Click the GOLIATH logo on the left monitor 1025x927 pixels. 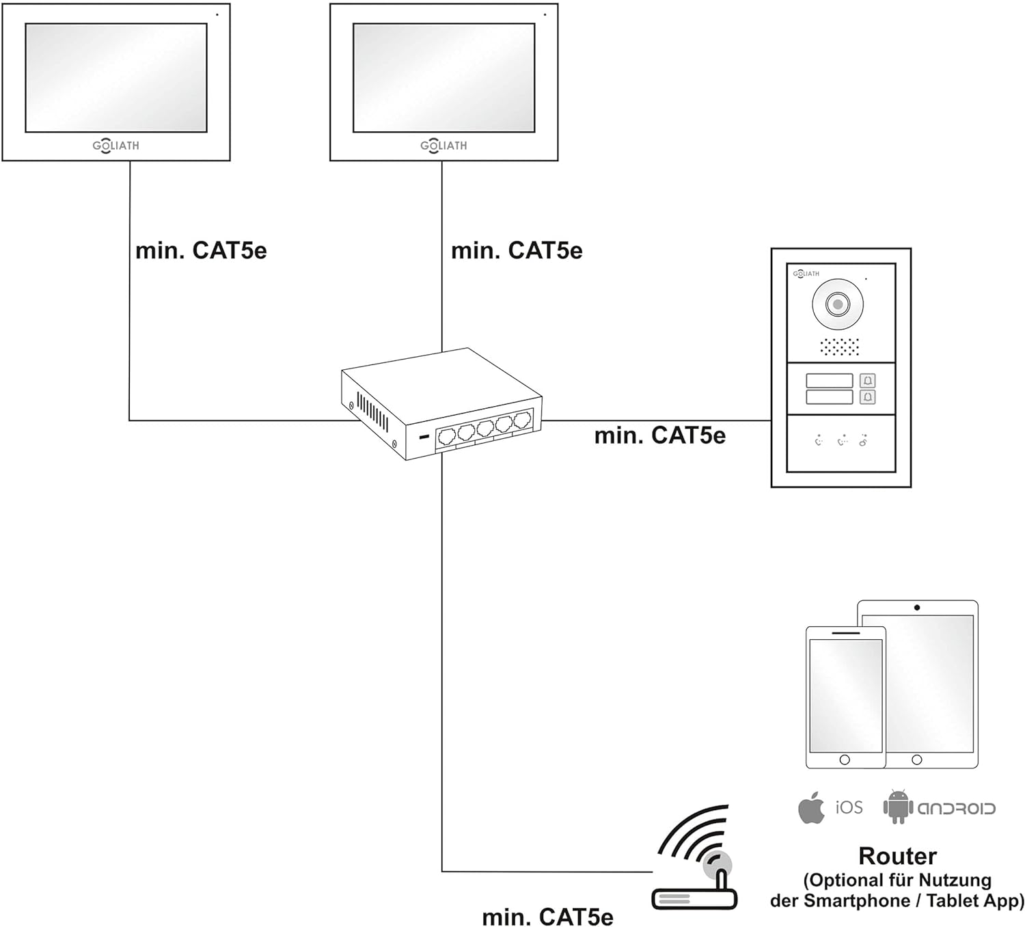(x=115, y=146)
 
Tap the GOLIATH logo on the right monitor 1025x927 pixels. (x=443, y=146)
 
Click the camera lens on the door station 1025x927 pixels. (x=837, y=304)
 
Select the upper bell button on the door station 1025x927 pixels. (x=867, y=381)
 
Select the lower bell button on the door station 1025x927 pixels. (x=867, y=397)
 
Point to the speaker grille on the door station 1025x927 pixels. (x=839, y=347)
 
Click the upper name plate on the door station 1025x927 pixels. (x=829, y=381)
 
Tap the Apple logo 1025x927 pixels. (x=811, y=809)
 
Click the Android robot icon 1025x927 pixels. (x=898, y=807)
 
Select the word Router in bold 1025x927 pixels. (x=897, y=856)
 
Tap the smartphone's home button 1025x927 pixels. (x=845, y=760)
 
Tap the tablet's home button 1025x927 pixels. (x=917, y=760)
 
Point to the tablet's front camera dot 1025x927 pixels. (x=917, y=608)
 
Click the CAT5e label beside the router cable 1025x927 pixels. (x=547, y=917)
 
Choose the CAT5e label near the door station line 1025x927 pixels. (x=659, y=435)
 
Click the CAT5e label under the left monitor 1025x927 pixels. (x=201, y=250)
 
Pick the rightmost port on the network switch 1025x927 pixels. (x=523, y=419)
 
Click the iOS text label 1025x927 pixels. (x=849, y=808)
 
